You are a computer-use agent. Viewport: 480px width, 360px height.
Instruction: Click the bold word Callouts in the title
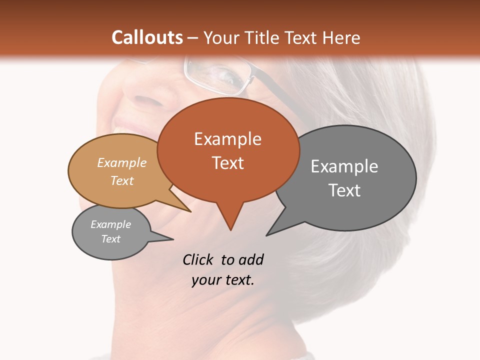(x=147, y=37)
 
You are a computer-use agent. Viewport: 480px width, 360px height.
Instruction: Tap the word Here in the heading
(x=342, y=37)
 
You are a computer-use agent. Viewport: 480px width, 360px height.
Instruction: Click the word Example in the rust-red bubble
(x=227, y=139)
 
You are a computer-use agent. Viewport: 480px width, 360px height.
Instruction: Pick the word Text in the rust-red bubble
(x=227, y=163)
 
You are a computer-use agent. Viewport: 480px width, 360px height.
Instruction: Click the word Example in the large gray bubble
(x=344, y=166)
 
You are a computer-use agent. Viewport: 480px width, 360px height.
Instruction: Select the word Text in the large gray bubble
(x=344, y=190)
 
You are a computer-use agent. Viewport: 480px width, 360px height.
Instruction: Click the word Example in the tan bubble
(x=122, y=163)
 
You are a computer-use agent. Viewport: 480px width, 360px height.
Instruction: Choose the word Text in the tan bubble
(x=122, y=180)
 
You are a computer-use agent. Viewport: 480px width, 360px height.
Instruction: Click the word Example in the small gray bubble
(x=110, y=224)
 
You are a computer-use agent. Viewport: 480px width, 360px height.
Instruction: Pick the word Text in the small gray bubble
(x=110, y=239)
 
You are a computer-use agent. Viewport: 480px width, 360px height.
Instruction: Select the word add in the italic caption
(x=251, y=259)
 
